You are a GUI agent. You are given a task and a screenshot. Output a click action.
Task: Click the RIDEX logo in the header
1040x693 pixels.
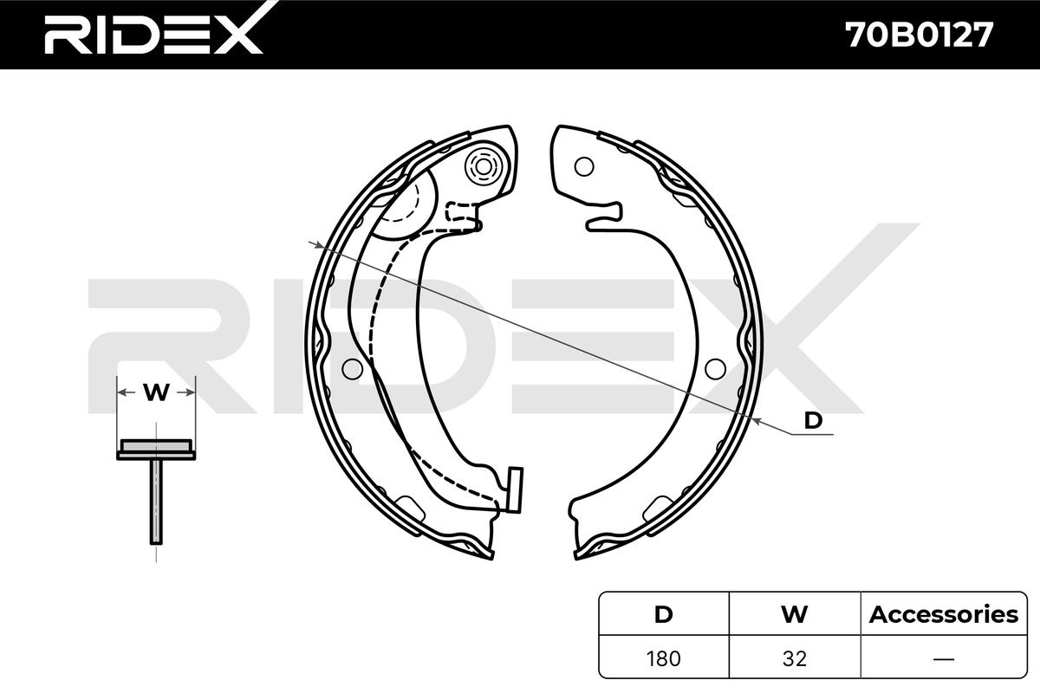pyautogui.click(x=153, y=35)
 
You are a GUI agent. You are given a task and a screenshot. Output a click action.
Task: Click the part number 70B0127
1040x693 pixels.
pyautogui.click(x=918, y=35)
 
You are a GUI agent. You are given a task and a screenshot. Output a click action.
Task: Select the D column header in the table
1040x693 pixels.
pyautogui.click(x=663, y=614)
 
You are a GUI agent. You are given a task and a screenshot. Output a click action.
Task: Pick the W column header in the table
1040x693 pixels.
pyautogui.click(x=793, y=614)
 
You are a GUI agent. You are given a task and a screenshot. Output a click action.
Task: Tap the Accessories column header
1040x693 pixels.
pyautogui.click(x=943, y=614)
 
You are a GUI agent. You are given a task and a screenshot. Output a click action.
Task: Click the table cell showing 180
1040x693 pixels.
pyautogui.click(x=663, y=657)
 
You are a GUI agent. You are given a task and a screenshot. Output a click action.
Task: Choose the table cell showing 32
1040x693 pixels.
pyautogui.click(x=793, y=657)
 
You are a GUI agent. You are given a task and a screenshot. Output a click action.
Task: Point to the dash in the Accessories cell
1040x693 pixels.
pyautogui.click(x=943, y=657)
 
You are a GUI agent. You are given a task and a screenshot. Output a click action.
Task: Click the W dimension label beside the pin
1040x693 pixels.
pyautogui.click(x=156, y=392)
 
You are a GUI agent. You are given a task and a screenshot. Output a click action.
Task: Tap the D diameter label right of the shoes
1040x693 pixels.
pyautogui.click(x=813, y=420)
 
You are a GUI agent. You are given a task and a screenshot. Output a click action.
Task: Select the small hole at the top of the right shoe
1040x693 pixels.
pyautogui.click(x=584, y=165)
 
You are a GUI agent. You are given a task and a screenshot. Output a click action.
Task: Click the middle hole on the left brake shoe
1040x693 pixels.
pyautogui.click(x=352, y=368)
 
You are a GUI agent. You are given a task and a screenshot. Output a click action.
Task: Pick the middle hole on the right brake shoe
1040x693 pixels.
pyautogui.click(x=714, y=369)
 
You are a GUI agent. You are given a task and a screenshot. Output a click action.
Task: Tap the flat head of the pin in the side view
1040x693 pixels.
pyautogui.click(x=156, y=448)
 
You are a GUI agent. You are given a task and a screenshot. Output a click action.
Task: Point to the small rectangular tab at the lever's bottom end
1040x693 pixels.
pyautogui.click(x=515, y=489)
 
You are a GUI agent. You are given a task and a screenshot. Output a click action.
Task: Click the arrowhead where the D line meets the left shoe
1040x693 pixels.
pyautogui.click(x=319, y=246)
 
